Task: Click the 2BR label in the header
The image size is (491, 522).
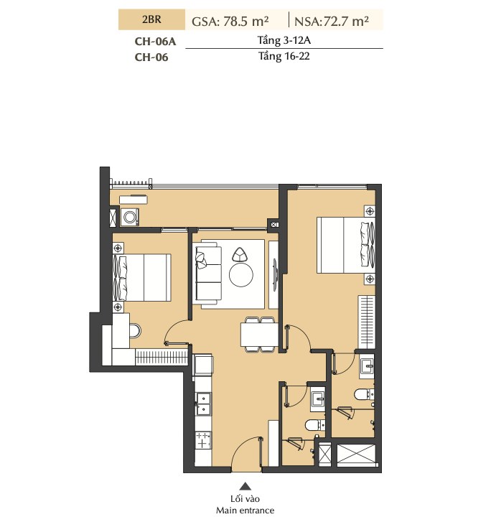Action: click(x=151, y=19)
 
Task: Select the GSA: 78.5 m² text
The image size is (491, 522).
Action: click(x=230, y=22)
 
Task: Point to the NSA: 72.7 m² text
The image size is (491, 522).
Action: click(x=332, y=22)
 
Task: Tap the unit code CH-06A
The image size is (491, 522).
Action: click(x=155, y=41)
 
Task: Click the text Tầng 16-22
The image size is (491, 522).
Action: click(x=284, y=56)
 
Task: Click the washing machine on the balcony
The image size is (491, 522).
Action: click(x=129, y=217)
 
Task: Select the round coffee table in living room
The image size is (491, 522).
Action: click(x=241, y=275)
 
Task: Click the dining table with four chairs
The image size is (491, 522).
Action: click(x=259, y=335)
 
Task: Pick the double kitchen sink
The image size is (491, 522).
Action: click(x=203, y=404)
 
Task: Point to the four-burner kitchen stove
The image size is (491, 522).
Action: click(x=203, y=440)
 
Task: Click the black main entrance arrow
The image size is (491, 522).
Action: click(x=245, y=486)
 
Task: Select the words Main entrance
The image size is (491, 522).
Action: click(x=245, y=511)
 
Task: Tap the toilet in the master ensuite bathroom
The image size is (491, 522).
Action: click(x=363, y=394)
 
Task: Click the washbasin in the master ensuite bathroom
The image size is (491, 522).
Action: click(x=367, y=367)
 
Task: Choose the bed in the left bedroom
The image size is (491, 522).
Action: click(x=142, y=278)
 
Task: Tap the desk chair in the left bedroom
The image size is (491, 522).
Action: click(x=135, y=331)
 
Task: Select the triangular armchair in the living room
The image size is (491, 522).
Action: click(x=239, y=255)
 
